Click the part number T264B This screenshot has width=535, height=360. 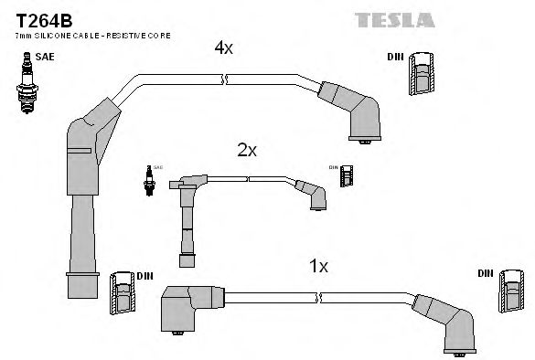33,16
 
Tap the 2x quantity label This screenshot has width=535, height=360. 246,150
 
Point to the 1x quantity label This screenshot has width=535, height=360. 317,266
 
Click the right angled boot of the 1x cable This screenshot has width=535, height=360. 449,324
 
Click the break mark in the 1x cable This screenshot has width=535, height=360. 320,298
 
